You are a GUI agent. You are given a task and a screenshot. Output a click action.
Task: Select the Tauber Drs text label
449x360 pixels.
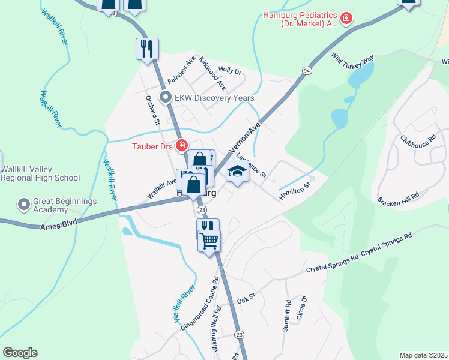click(x=152, y=146)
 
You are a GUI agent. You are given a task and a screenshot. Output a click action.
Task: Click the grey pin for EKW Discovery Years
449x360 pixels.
click(x=164, y=97)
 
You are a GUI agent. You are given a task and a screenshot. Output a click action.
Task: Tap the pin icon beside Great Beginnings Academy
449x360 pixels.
click(x=24, y=205)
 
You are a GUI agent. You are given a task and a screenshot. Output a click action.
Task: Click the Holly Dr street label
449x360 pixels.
click(x=230, y=71)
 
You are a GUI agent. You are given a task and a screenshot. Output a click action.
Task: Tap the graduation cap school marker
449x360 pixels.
click(x=237, y=172)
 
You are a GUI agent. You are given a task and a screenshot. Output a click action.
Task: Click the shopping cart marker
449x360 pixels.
click(x=209, y=241)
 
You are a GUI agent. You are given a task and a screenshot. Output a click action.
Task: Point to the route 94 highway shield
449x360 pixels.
click(x=307, y=71)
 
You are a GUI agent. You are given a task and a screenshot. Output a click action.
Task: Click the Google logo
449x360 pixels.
click(x=20, y=353)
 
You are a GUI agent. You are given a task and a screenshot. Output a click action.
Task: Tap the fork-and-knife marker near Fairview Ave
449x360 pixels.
click(x=147, y=48)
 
